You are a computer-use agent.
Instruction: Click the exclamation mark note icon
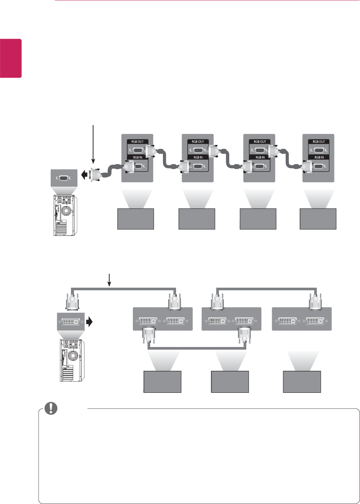point(51,408)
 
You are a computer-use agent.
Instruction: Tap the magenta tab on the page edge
point(11,58)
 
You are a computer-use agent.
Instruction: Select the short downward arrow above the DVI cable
point(109,279)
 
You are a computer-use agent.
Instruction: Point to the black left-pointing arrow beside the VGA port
point(84,175)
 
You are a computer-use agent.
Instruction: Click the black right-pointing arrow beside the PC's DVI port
point(89,321)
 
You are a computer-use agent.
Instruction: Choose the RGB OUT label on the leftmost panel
point(137,142)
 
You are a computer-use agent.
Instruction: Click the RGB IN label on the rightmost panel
point(319,157)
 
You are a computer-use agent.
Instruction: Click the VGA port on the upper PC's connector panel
point(63,178)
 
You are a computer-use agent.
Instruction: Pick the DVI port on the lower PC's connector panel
point(71,322)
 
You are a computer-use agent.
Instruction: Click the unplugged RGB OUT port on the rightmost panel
point(319,150)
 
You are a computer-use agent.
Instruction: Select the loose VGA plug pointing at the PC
point(95,175)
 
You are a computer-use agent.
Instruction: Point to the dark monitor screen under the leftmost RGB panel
point(136,219)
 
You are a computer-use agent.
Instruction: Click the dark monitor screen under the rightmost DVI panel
point(302,382)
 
